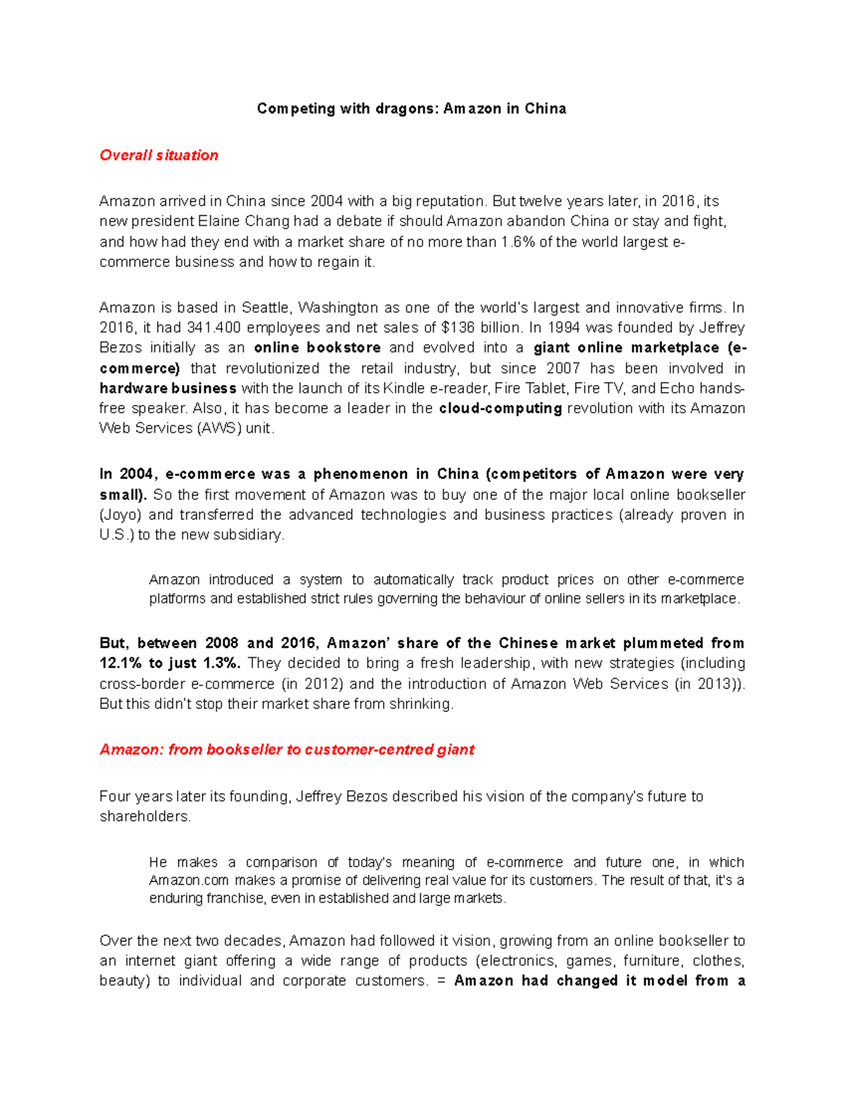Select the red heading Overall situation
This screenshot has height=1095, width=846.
(x=159, y=155)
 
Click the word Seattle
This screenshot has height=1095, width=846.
(x=266, y=307)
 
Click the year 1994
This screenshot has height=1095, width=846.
(x=565, y=328)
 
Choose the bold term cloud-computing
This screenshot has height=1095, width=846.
(x=500, y=408)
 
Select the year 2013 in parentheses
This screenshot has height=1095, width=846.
(x=716, y=684)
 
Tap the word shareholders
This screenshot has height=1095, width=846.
(x=145, y=816)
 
